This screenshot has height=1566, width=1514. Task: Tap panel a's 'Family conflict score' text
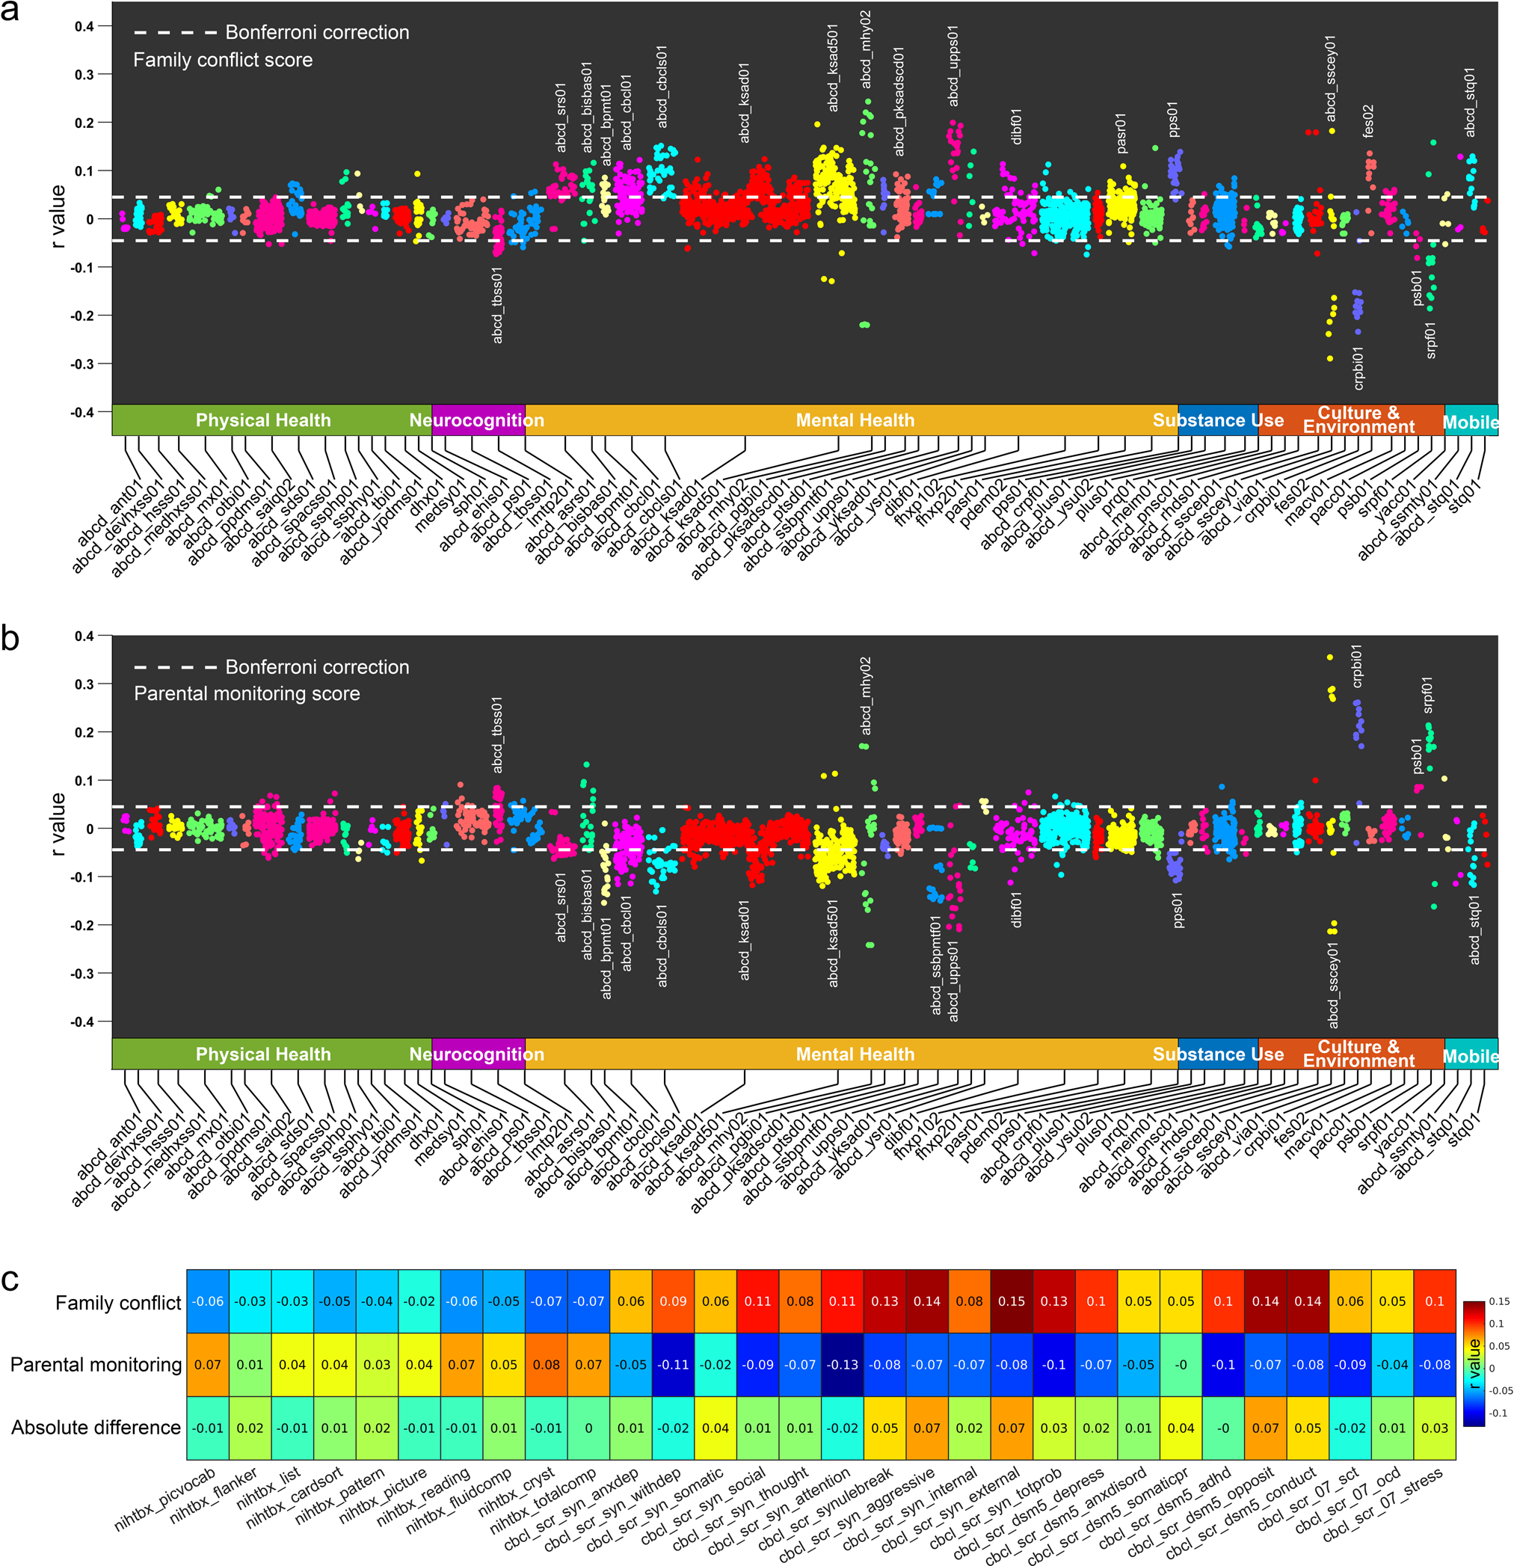(222, 60)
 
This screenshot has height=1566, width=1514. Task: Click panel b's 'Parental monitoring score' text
(246, 693)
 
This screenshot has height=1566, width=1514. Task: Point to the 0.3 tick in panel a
(84, 74)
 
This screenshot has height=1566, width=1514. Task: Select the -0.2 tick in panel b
(82, 925)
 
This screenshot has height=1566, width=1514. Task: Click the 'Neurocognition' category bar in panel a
(477, 420)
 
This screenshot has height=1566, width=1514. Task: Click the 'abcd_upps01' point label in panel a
(953, 66)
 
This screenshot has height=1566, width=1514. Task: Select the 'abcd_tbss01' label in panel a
(498, 306)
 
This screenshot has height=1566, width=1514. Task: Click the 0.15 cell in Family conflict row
(1011, 1301)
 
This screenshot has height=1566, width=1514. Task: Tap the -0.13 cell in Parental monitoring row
(842, 1365)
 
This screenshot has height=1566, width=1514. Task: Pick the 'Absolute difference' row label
(96, 1428)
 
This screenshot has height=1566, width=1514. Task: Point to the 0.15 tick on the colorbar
(1499, 1301)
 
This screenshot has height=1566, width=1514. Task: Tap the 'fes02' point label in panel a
(1367, 120)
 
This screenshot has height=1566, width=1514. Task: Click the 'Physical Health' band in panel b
(263, 1054)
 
